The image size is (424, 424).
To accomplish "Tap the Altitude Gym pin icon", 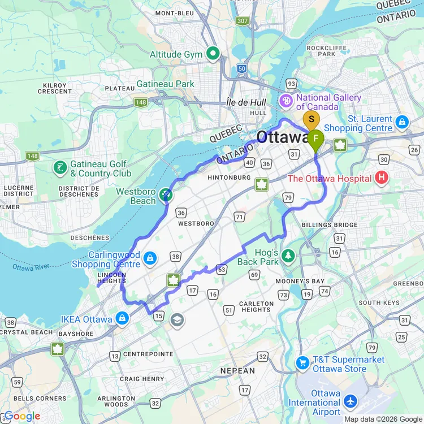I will click(213, 54).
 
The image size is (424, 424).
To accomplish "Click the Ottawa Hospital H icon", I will click(382, 179).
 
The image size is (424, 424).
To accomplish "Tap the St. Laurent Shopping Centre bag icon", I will click(402, 122).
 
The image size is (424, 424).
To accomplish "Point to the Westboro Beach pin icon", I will click(165, 195).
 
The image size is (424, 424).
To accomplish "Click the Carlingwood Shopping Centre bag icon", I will click(150, 258).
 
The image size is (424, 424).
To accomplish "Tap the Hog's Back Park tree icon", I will click(289, 256).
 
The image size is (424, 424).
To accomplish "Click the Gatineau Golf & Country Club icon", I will click(60, 167).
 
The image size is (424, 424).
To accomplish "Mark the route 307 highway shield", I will click(243, 21).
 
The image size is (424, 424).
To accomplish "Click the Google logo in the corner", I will click(21, 417).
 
